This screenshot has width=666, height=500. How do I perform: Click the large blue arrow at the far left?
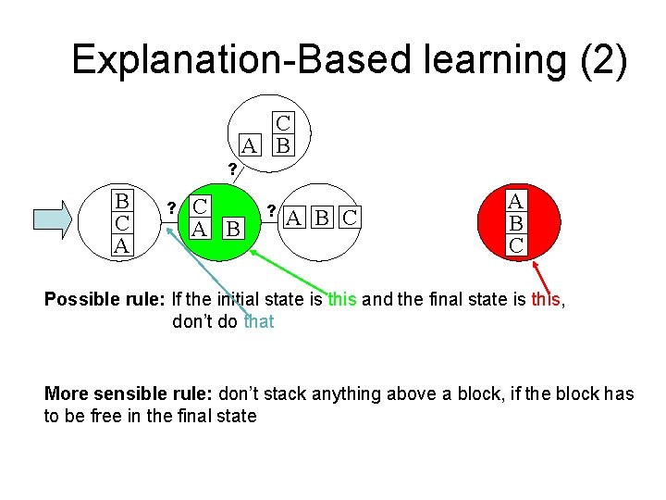(x=56, y=219)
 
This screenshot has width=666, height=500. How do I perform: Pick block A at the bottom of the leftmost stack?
(x=121, y=245)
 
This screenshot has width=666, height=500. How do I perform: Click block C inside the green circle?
(x=199, y=206)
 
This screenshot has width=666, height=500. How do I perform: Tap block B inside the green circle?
(x=234, y=228)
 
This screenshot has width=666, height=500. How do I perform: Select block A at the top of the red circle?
(x=517, y=201)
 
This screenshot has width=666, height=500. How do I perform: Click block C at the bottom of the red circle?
(x=517, y=245)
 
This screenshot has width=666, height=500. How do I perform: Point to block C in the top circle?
(x=284, y=123)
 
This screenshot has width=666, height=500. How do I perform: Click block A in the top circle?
(x=248, y=145)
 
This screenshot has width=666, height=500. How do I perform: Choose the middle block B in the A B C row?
(x=321, y=219)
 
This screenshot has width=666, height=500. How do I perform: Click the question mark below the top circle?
(x=232, y=169)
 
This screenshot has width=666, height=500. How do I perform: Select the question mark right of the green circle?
(x=271, y=209)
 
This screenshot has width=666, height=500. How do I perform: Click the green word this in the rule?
(x=341, y=300)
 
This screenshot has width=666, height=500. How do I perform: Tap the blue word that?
(x=259, y=322)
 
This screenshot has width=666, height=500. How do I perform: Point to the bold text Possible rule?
(x=105, y=300)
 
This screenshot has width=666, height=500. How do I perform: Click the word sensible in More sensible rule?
(x=125, y=394)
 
